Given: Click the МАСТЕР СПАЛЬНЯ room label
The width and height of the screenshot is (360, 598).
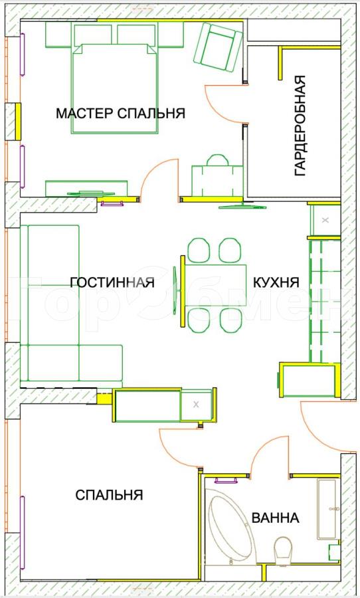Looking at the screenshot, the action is tap(120, 113).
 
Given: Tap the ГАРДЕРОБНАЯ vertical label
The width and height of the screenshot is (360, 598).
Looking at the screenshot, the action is tap(300, 126).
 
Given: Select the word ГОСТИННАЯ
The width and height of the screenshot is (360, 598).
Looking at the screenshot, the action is tap(112, 282).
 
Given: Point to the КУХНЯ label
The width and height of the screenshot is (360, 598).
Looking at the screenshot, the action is tap(276, 282).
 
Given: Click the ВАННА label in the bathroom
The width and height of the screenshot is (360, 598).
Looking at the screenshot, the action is tap(275, 518).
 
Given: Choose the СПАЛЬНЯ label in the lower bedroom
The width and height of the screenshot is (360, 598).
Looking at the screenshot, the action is tap(109, 495).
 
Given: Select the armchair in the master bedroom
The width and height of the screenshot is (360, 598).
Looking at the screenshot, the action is tap(218, 47).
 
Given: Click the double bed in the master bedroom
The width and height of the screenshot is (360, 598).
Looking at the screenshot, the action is tap(114, 88).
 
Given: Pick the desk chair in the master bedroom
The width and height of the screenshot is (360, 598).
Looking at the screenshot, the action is tap(217, 160).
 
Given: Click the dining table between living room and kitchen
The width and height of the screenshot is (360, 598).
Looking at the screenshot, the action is tap(215, 285).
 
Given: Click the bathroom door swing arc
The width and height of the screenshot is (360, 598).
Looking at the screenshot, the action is tap(263, 450).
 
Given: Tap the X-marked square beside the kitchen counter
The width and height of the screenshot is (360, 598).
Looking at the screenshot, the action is tap(325, 220).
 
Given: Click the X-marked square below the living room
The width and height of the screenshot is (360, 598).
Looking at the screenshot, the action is tap(196, 405).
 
